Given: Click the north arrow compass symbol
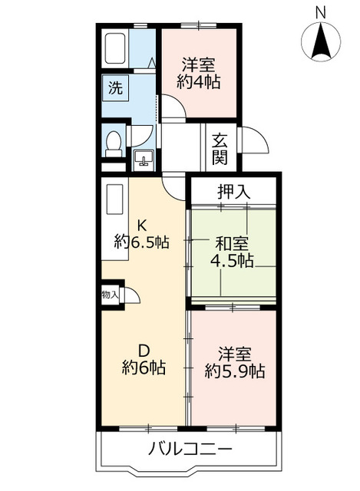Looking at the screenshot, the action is (x=321, y=41).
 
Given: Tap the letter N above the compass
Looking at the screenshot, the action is (x=321, y=12).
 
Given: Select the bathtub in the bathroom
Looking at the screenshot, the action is (x=115, y=48).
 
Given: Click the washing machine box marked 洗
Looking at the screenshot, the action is (x=115, y=88).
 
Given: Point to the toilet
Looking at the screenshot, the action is (x=114, y=144).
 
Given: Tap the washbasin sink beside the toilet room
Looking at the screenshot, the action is (x=144, y=158).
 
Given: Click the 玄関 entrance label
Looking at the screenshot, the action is (x=220, y=149).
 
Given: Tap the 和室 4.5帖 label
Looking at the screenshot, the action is (x=232, y=252).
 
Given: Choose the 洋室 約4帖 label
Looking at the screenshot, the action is (x=199, y=74).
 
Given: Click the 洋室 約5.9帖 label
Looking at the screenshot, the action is (x=235, y=363).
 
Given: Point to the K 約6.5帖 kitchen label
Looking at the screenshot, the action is (x=142, y=233).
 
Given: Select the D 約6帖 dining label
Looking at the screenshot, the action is (x=144, y=359).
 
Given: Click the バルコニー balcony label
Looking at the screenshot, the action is (x=190, y=450).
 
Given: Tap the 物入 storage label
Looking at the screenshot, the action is (x=110, y=295).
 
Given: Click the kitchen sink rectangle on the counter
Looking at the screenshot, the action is (x=114, y=199).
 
